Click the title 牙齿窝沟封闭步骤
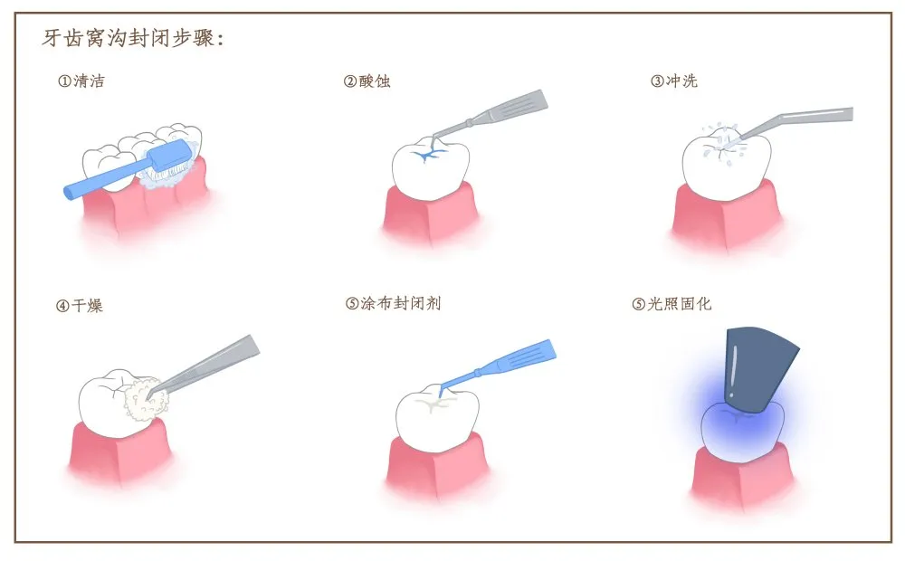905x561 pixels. point(132,38)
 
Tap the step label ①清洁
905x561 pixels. point(81,81)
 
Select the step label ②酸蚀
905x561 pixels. point(367,81)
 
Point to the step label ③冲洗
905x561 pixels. point(673,81)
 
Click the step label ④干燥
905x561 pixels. point(79,305)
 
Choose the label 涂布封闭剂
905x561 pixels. point(401,303)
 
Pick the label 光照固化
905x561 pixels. point(679,304)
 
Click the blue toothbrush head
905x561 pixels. point(169,156)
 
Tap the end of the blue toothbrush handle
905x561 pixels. point(70,192)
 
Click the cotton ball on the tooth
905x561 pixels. point(145,399)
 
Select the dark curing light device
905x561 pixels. point(758,369)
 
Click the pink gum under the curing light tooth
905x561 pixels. point(742,476)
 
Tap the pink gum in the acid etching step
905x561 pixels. point(431,214)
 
